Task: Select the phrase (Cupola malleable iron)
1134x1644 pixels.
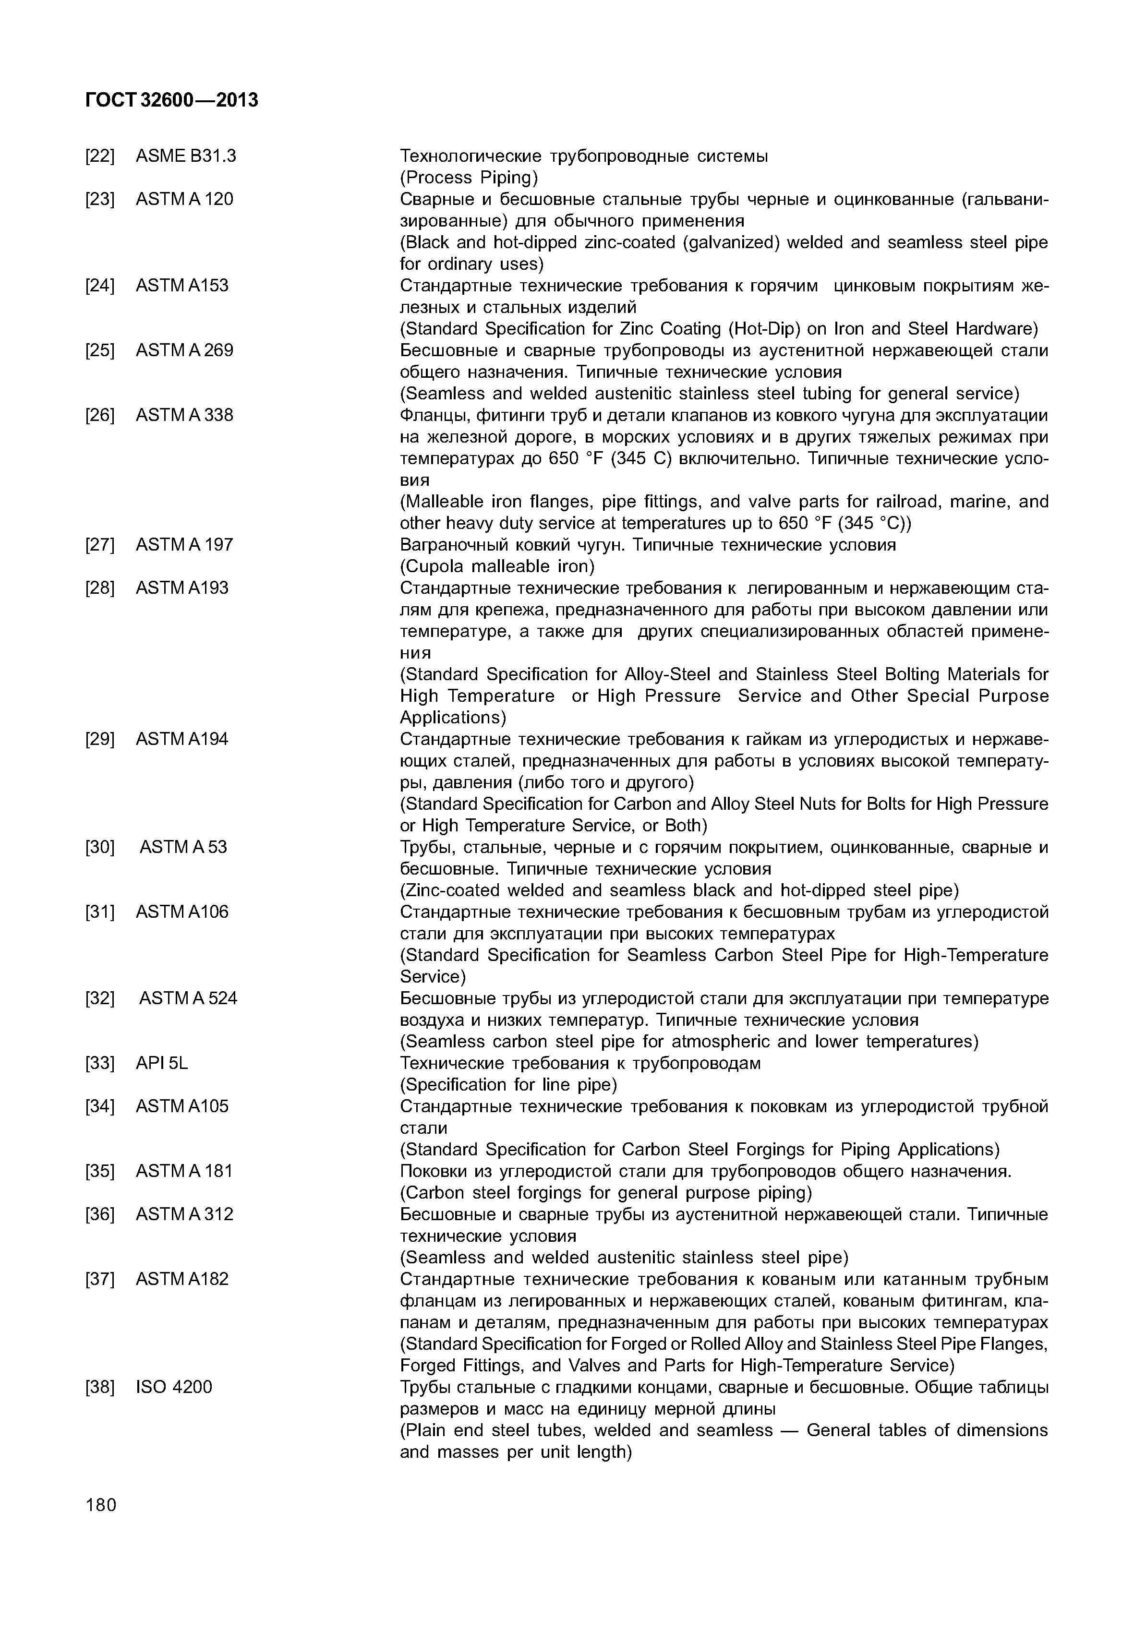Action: [x=497, y=566]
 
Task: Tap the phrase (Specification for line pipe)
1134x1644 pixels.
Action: [x=509, y=1084]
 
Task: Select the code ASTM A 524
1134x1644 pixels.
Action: [x=188, y=998]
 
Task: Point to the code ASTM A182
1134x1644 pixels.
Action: [x=182, y=1279]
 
